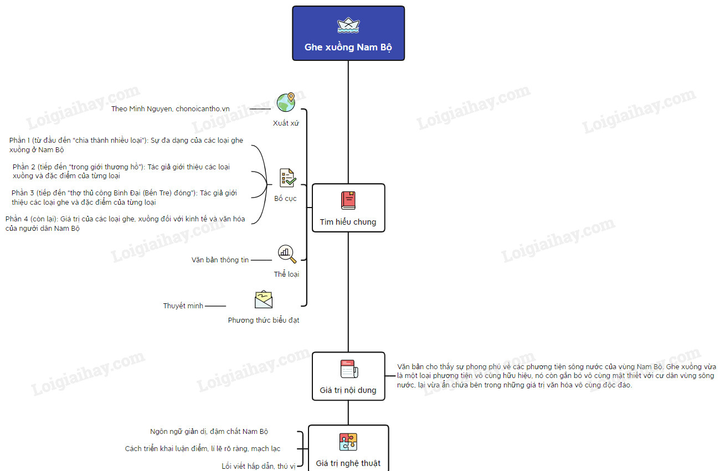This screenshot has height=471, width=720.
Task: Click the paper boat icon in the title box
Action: (348, 25)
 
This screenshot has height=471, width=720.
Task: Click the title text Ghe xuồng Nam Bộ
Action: (348, 47)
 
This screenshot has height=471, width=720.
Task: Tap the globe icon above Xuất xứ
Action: (286, 102)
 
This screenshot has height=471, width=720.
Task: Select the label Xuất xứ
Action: (286, 123)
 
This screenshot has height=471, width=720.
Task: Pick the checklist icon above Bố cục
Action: (287, 178)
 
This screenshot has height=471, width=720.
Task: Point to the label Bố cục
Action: (285, 198)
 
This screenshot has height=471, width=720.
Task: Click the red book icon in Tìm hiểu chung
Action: (348, 200)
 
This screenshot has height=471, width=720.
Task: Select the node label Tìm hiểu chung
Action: (348, 222)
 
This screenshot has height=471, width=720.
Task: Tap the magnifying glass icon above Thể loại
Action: (287, 254)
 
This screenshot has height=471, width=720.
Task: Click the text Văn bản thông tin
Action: (220, 260)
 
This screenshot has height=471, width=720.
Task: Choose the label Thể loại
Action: (286, 274)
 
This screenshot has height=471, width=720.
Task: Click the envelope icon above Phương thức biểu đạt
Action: (264, 299)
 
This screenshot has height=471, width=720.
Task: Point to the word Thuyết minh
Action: (183, 306)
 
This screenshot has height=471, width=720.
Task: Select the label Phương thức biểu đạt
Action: (264, 320)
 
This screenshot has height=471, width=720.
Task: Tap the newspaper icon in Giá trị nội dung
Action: (348, 369)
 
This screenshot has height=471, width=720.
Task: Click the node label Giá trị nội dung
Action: (348, 390)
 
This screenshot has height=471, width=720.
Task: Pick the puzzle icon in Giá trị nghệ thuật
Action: (348, 442)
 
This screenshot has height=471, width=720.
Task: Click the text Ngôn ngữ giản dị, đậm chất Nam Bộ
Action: (209, 431)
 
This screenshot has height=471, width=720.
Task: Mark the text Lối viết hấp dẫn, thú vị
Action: (259, 466)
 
